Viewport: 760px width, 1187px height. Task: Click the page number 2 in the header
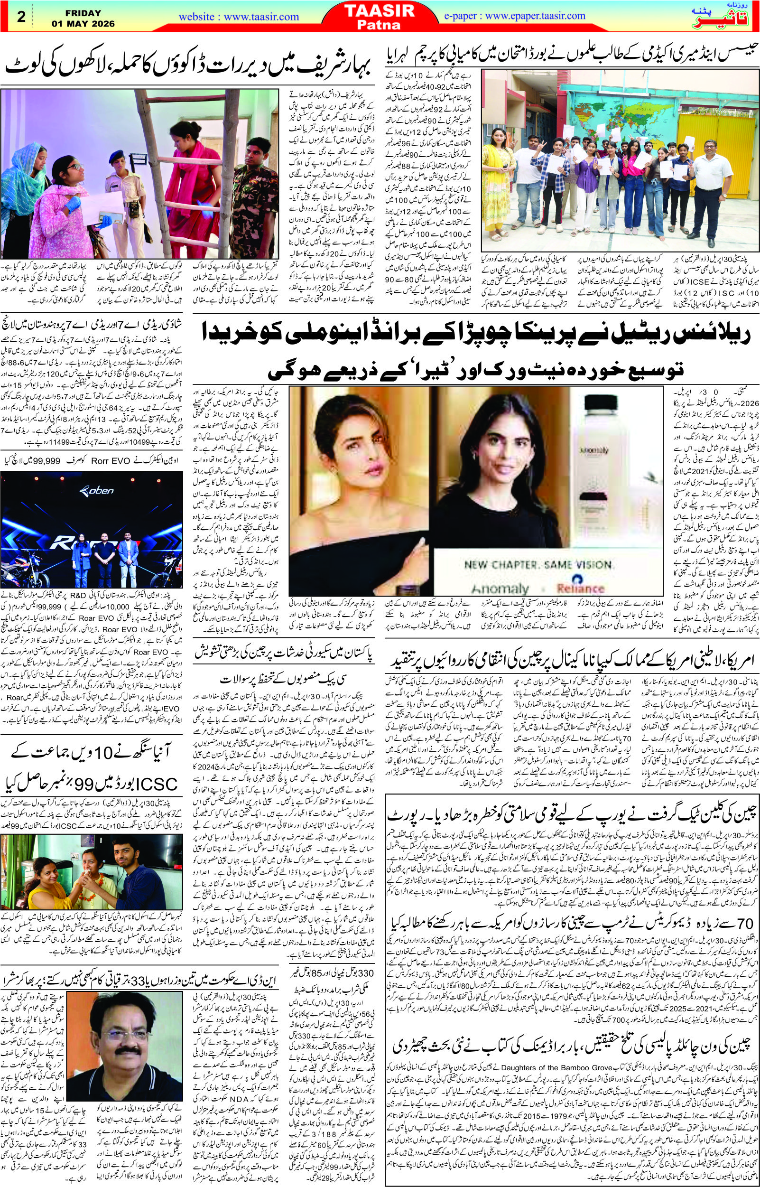[20, 17]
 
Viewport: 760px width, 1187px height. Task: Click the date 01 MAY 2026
[83, 24]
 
